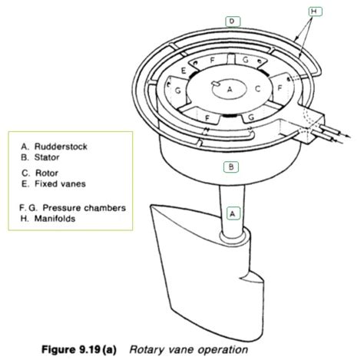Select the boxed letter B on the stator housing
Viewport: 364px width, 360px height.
(x=231, y=166)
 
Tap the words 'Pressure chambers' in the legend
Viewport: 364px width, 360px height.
(x=85, y=207)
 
